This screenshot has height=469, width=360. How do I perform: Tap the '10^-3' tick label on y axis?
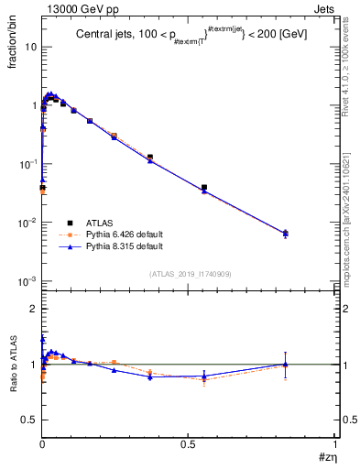pyautogui.click(x=27, y=281)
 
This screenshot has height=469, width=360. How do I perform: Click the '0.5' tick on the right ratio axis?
pyautogui.click(x=347, y=420)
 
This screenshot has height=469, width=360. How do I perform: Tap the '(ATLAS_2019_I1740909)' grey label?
pyautogui.click(x=188, y=274)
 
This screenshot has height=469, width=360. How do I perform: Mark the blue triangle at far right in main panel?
pyautogui.click(x=286, y=233)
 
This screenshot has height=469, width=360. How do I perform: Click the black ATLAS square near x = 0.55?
pyautogui.click(x=203, y=188)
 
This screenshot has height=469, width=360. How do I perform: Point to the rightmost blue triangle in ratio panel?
pyautogui.click(x=286, y=364)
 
